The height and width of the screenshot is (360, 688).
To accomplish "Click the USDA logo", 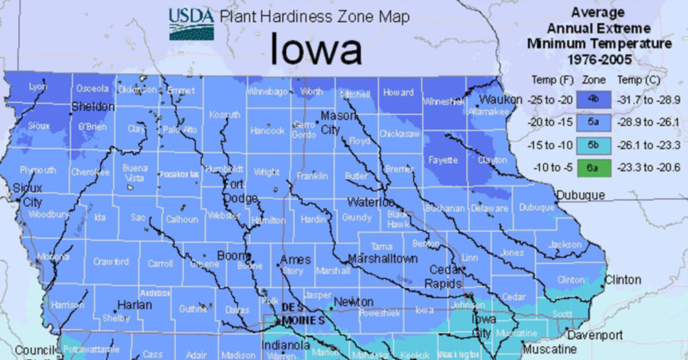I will tap(191, 24).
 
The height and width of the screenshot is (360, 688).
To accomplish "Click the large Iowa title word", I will tap(316, 50).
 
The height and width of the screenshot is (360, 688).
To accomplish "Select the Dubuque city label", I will tap(580, 195).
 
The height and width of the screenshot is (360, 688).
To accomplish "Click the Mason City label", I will tap(339, 123).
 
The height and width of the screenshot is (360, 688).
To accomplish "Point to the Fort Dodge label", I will tap(240, 191).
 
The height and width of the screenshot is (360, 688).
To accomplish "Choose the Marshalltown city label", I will tap(382, 259).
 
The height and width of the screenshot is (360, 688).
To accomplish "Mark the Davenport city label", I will tap(595, 334).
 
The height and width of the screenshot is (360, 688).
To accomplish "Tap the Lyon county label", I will tap(38, 87).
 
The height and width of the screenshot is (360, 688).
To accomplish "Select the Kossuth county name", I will tap(224, 115).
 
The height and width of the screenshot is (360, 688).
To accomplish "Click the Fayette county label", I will tap(443, 161).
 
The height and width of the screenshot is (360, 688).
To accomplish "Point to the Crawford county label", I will tap(110, 262).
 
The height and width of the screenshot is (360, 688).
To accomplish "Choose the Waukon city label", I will tap(501, 99).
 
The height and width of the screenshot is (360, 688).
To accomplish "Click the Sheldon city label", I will tap(93, 107).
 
